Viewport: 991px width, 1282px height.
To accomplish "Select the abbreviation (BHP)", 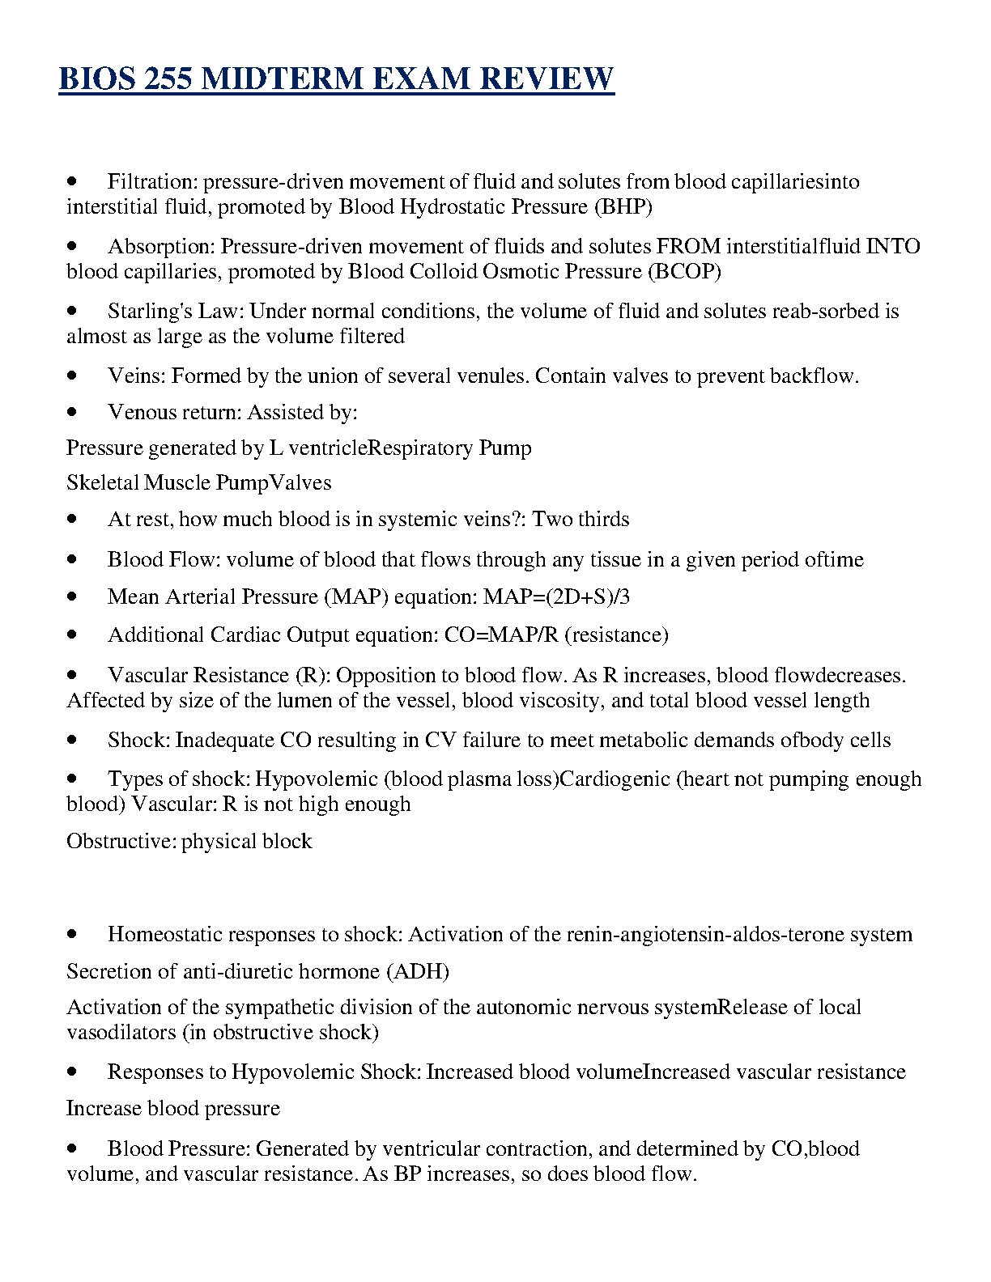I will (x=623, y=206).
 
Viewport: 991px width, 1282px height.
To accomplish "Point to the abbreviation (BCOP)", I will (x=684, y=271).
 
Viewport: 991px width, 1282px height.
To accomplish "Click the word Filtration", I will (x=151, y=181).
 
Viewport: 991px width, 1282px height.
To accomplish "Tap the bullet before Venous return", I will (x=73, y=412).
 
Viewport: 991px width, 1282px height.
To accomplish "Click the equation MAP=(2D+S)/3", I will (x=556, y=597).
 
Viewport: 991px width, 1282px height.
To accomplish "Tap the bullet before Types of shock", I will (x=73, y=779).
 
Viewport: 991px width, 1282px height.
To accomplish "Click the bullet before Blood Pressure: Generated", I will (x=73, y=1148).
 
